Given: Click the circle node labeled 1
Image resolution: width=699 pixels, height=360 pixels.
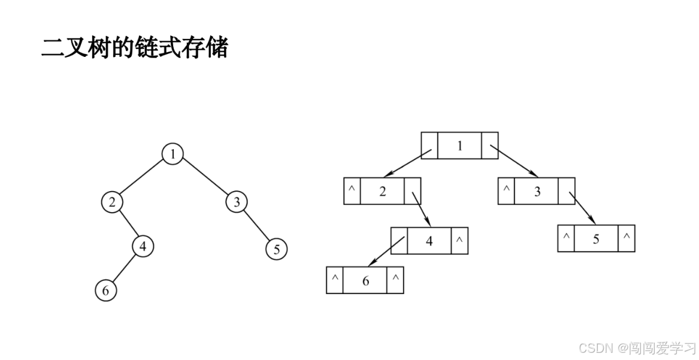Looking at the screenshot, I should (x=173, y=154).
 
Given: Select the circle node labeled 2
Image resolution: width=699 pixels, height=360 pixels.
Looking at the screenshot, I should (x=111, y=202).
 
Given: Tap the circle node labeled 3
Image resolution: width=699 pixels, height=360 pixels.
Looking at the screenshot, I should (x=237, y=202).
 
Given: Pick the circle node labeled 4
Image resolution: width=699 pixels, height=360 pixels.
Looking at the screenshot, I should (x=143, y=246).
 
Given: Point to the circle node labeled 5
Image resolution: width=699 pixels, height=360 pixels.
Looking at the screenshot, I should (x=276, y=249).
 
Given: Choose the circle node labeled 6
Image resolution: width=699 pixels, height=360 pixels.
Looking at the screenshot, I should (x=105, y=291).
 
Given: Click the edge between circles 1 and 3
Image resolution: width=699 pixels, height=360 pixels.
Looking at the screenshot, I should (x=204, y=178).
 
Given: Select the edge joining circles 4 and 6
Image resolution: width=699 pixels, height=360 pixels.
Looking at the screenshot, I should (x=124, y=268).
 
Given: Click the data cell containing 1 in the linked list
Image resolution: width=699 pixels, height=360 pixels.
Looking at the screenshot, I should (x=459, y=144).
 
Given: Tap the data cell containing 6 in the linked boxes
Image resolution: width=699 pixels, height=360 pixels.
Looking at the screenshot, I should (x=365, y=280).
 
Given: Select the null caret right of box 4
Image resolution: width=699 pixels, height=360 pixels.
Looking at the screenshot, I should (x=459, y=240).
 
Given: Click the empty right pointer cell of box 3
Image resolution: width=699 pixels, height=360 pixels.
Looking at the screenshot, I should (x=566, y=190).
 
